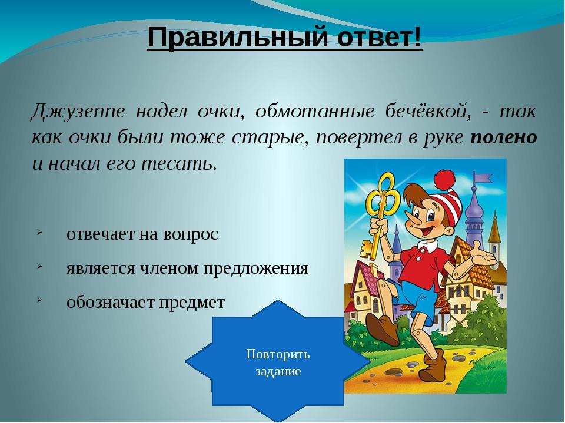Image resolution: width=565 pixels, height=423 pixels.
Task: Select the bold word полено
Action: pyautogui.click(x=504, y=137)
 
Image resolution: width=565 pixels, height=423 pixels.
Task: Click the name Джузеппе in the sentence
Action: pyautogui.click(x=78, y=112)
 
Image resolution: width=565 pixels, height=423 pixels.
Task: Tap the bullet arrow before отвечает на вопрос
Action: pyautogui.click(x=39, y=233)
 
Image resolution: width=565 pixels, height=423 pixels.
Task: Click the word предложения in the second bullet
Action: pyautogui.click(x=255, y=268)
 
